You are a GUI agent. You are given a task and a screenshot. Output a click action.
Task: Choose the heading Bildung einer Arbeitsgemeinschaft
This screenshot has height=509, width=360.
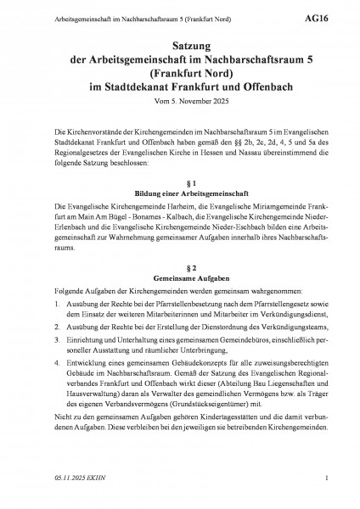coord(179,193)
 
